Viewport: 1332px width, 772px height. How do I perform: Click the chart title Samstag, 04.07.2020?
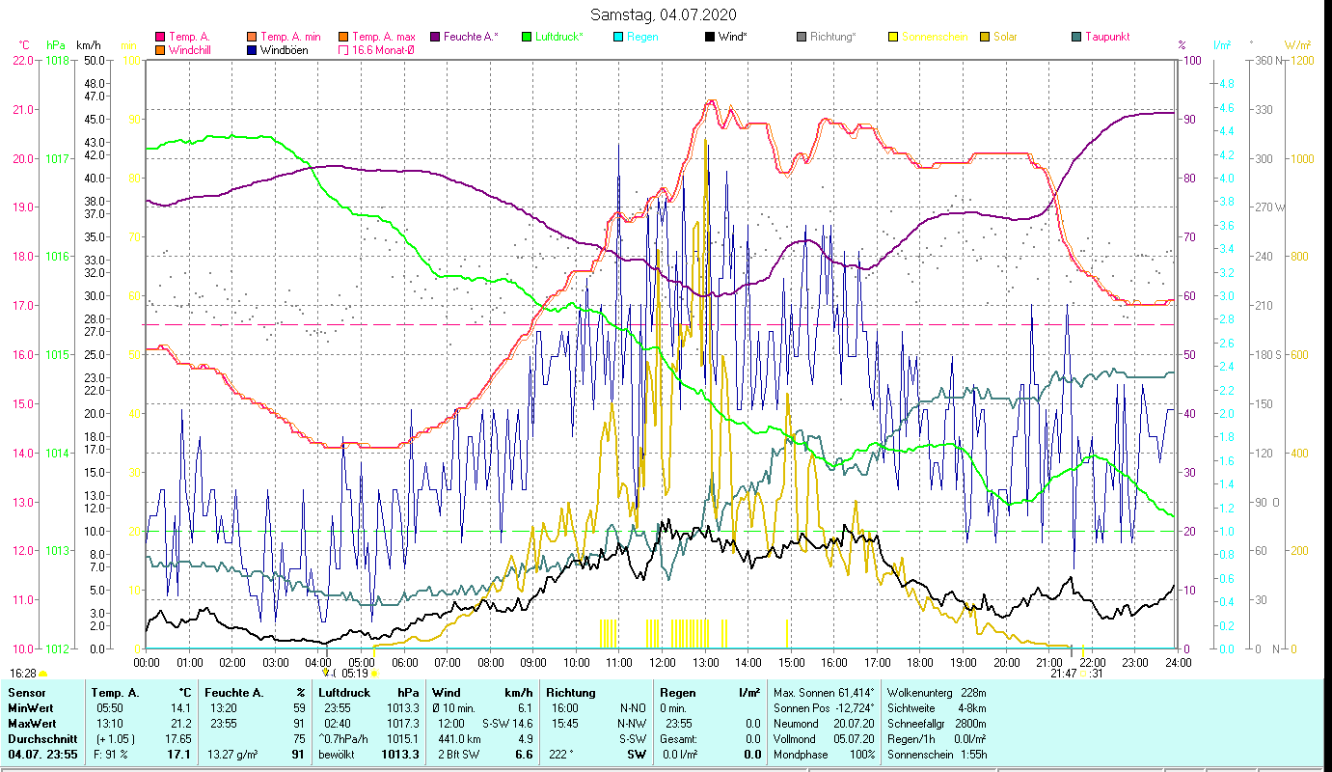pyautogui.click(x=666, y=14)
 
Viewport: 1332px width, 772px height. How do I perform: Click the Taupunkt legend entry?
pyautogui.click(x=1106, y=37)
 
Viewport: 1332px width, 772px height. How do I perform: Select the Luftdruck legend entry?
pyautogui.click(x=559, y=37)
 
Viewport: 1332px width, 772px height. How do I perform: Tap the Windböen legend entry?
pyautogui.click(x=284, y=49)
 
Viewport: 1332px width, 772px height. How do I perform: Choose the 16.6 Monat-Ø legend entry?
pyautogui.click(x=383, y=49)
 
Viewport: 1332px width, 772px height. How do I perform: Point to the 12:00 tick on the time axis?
pyautogui.click(x=663, y=663)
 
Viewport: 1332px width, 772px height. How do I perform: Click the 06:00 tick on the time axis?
pyautogui.click(x=404, y=663)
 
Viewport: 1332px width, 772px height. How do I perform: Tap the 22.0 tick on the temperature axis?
pyautogui.click(x=23, y=60)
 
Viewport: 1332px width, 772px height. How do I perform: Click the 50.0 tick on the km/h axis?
pyautogui.click(x=95, y=60)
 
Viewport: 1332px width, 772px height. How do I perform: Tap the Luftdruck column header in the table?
pyautogui.click(x=343, y=692)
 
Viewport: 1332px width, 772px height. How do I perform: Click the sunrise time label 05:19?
pyautogui.click(x=355, y=674)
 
